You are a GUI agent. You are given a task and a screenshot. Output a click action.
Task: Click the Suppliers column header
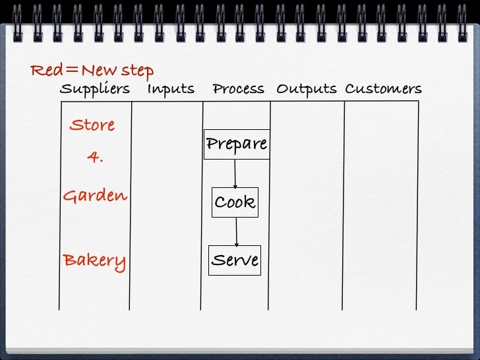click(x=94, y=89)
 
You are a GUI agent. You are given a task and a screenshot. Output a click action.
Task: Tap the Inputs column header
click(x=170, y=89)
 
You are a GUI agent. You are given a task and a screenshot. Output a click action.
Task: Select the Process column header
click(x=238, y=89)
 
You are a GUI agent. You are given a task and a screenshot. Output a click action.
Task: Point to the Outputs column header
click(x=306, y=89)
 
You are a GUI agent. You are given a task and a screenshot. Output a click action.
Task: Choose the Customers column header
click(x=383, y=89)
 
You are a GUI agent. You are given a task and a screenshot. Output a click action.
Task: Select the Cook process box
click(x=235, y=202)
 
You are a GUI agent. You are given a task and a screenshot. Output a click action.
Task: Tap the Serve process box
click(x=235, y=260)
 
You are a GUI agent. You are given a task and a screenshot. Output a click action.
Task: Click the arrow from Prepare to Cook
click(x=235, y=173)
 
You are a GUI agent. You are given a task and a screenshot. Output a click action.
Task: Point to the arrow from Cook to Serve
click(x=236, y=231)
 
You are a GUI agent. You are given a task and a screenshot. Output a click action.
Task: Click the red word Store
click(x=92, y=125)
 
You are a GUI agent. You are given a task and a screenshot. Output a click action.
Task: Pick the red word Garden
click(x=95, y=196)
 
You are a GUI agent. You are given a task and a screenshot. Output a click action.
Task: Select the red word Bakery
click(x=94, y=261)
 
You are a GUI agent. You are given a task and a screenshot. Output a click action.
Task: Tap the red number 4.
click(x=95, y=158)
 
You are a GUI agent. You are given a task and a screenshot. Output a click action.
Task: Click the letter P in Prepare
click(x=212, y=144)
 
